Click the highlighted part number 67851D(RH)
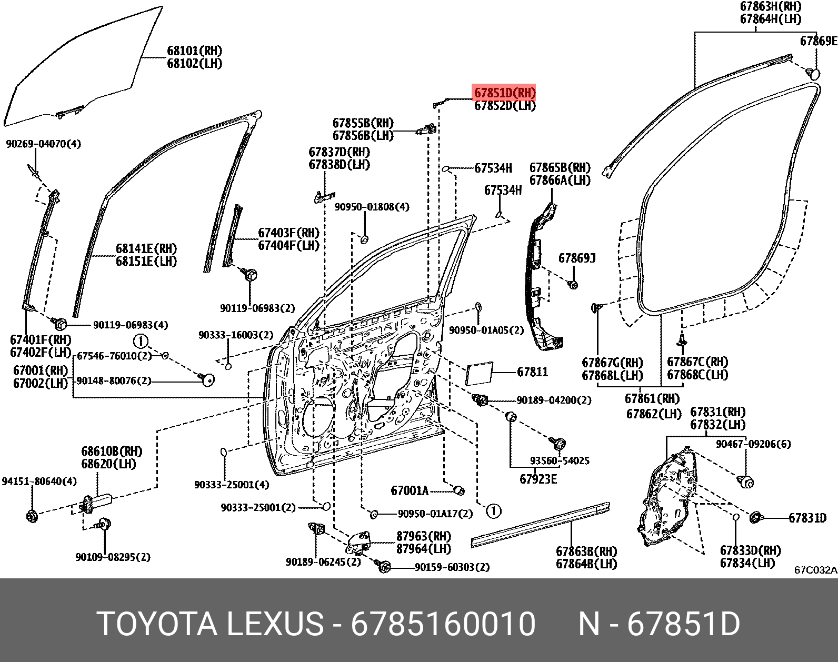[505, 93]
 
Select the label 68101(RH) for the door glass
[194, 51]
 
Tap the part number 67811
[532, 372]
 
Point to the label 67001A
[410, 491]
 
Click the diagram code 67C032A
[815, 570]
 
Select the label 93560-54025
[560, 461]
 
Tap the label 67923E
[538, 479]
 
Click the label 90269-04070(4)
[44, 144]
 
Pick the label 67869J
[577, 258]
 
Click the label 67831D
[807, 518]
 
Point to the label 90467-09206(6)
[753, 444]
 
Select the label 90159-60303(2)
[452, 567]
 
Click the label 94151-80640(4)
[39, 482]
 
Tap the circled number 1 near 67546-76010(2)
[141, 341]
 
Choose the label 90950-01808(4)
[372, 207]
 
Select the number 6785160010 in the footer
[443, 624]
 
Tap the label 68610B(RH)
[112, 452]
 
